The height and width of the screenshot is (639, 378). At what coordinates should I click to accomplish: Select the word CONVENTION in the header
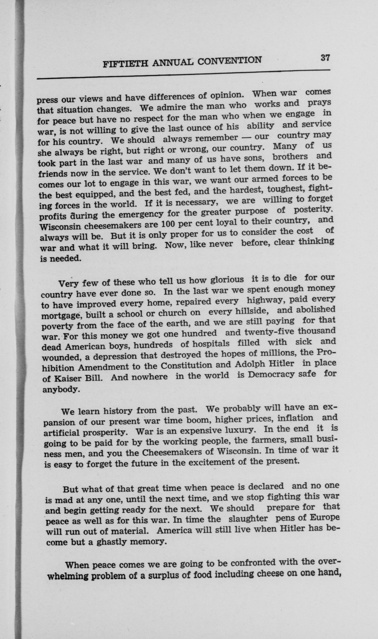(229, 61)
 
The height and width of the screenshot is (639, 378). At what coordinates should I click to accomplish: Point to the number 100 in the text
(167, 224)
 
